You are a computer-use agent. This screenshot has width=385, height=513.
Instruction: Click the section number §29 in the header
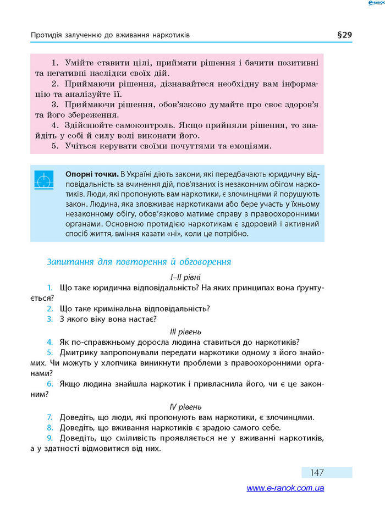[344, 35]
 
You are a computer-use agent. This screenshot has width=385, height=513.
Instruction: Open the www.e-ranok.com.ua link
[285, 488]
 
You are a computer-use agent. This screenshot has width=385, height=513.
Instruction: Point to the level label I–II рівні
[185, 278]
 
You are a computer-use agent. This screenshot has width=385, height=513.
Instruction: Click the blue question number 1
[50, 288]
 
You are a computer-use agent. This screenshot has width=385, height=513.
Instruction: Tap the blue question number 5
[50, 352]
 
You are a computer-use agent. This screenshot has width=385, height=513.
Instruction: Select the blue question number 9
[50, 438]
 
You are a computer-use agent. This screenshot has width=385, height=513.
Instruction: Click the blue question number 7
[50, 417]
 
